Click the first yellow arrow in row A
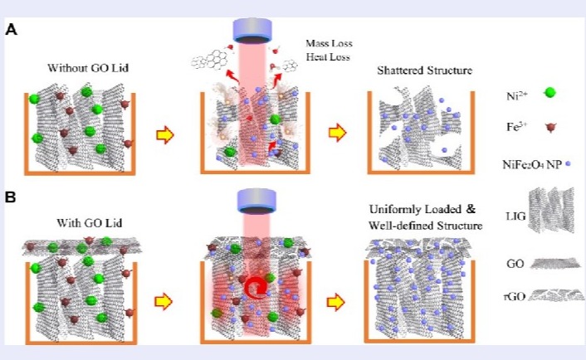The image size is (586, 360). point(167,133)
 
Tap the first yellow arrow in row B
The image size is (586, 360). point(167,301)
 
